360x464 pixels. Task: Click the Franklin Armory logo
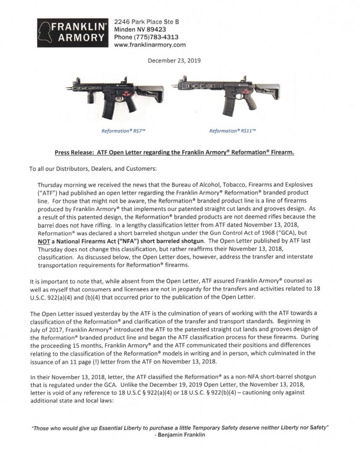click(72, 33)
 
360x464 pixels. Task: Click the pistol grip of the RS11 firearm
click(250, 102)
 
